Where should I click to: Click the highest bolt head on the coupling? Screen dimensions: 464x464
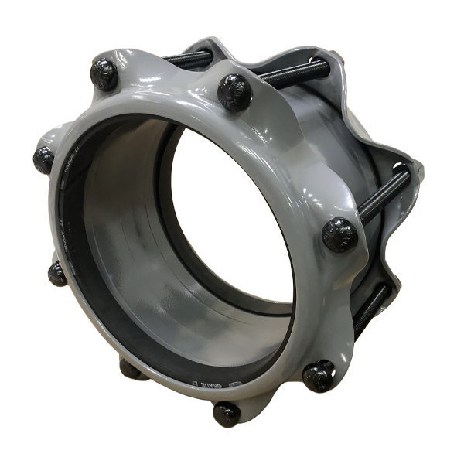(104, 73)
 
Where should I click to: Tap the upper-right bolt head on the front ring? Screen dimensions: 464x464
(234, 91)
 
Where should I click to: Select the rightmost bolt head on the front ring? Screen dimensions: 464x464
(339, 234)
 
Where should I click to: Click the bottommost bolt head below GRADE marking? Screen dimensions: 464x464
(227, 413)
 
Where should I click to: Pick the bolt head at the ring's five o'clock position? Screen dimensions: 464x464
(318, 376)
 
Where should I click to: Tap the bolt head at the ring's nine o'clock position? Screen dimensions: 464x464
(56, 272)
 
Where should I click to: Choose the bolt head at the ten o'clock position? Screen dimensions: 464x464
(43, 159)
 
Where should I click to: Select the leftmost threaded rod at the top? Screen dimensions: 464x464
(187, 58)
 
